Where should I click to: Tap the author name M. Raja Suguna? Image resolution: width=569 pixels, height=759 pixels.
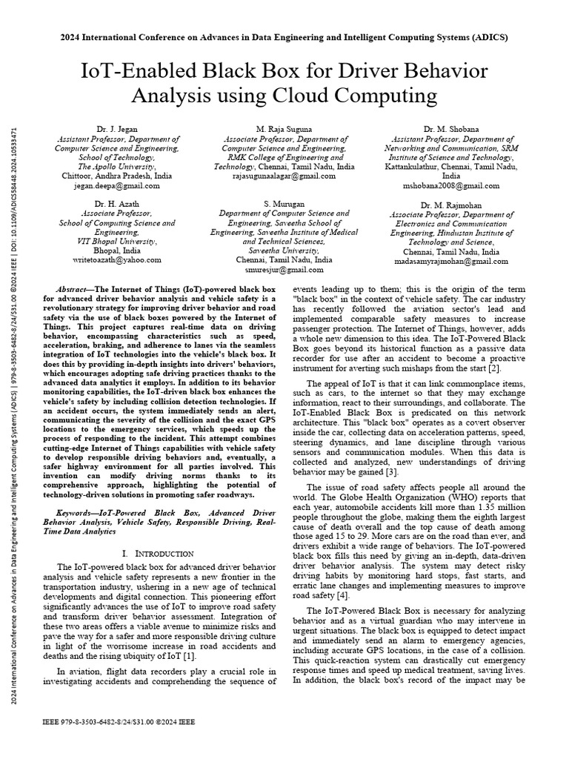point(284,129)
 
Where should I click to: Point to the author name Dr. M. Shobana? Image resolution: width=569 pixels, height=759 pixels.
point(450,129)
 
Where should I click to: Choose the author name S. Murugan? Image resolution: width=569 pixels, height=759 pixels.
point(284,203)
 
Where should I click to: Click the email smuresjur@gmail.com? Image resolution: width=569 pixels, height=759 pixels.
point(284,271)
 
